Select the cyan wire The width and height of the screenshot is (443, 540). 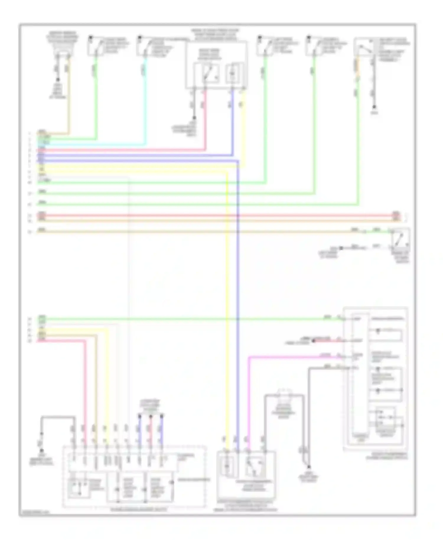point(145,103)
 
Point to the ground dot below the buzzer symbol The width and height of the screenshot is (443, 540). point(58,80)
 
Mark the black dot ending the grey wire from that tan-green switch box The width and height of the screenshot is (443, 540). point(374,107)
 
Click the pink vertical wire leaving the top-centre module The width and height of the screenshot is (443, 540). point(205,118)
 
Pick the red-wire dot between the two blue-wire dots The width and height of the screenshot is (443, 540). point(151,417)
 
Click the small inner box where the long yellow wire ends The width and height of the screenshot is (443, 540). point(227,467)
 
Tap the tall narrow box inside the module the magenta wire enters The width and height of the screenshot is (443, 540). point(360,375)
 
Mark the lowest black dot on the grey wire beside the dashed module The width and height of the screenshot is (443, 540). point(309,467)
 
